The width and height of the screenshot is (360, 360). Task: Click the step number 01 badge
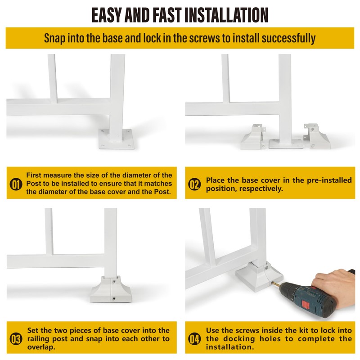coord(16,184)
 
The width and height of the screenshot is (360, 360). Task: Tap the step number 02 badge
coord(194,184)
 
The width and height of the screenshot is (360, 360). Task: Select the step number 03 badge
coord(16,339)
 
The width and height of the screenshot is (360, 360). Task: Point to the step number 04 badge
coord(194,339)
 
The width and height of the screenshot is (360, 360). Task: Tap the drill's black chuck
coord(286,291)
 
